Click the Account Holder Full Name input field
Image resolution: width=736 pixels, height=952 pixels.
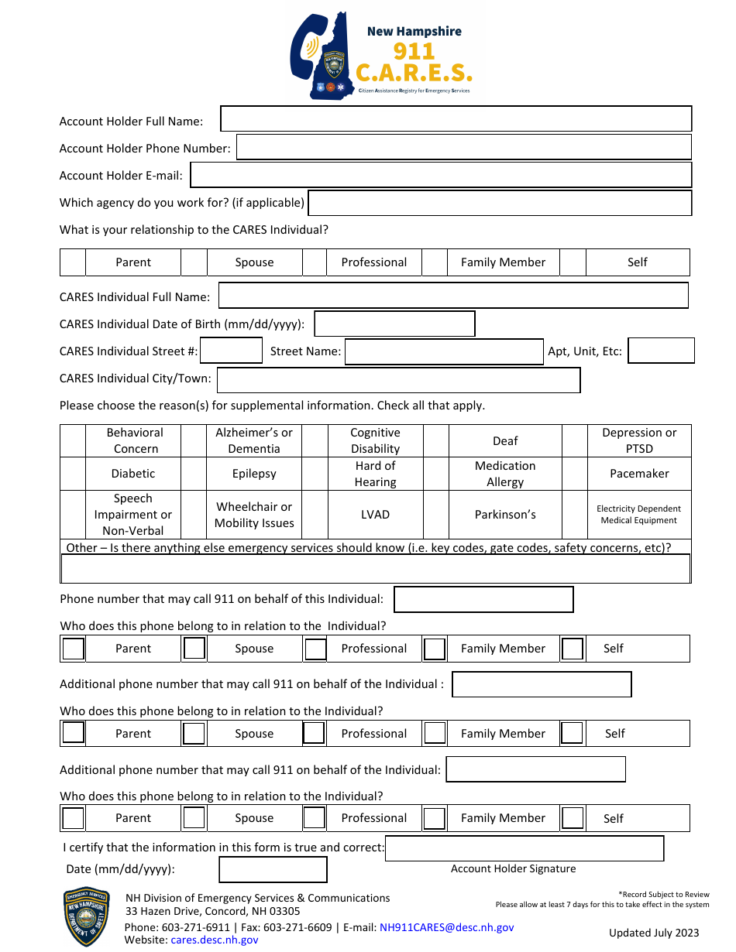pyautogui.click(x=456, y=119)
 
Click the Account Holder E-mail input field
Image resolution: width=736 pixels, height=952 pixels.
pyautogui.click(x=440, y=175)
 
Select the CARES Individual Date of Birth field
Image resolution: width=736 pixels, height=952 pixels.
pyautogui.click(x=394, y=324)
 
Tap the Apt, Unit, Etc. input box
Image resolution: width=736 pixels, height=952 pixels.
pyautogui.click(x=661, y=351)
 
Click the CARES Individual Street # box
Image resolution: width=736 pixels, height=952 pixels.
pyautogui.click(x=231, y=351)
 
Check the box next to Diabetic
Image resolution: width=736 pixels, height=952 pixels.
pyautogui.click(x=73, y=474)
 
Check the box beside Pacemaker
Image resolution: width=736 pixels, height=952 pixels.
pyautogui.click(x=573, y=474)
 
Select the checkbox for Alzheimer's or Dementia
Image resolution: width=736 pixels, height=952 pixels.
pyautogui.click(x=194, y=440)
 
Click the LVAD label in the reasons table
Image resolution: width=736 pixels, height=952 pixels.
pyautogui.click(x=375, y=515)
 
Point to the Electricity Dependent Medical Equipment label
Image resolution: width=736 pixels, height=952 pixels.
pyautogui.click(x=638, y=515)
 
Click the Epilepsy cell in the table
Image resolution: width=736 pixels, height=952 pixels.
pyautogui.click(x=254, y=474)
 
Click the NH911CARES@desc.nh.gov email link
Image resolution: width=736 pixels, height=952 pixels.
pyautogui.click(x=446, y=927)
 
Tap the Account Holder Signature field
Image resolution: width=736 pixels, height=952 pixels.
pyautogui.click(x=524, y=848)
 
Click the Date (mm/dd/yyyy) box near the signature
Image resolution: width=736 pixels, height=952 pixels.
pyautogui.click(x=273, y=869)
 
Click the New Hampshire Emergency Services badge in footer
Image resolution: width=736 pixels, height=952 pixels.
pyautogui.click(x=86, y=916)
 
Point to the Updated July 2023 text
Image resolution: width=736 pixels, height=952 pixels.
pyautogui.click(x=654, y=933)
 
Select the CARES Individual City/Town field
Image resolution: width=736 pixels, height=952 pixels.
pyautogui.click(x=398, y=380)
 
